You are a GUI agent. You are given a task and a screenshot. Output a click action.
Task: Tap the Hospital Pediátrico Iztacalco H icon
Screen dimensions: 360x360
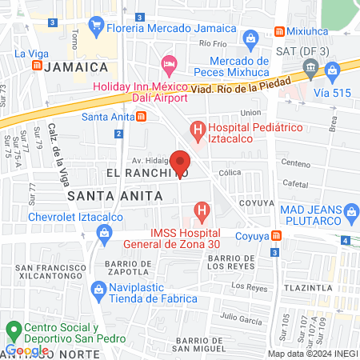coord(195,128)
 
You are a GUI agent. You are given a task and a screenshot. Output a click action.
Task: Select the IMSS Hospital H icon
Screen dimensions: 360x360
coord(203,212)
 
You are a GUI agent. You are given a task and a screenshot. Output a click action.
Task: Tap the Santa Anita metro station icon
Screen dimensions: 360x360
coord(142,116)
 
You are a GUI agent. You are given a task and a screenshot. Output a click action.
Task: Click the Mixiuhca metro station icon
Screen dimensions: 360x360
coord(279,31)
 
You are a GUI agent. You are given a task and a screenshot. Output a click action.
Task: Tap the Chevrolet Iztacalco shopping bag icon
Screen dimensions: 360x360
coord(102,232)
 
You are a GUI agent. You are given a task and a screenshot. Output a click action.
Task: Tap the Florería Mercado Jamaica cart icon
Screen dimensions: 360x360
coord(97,26)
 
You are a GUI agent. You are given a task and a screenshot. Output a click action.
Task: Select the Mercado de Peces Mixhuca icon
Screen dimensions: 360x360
coord(250,38)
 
